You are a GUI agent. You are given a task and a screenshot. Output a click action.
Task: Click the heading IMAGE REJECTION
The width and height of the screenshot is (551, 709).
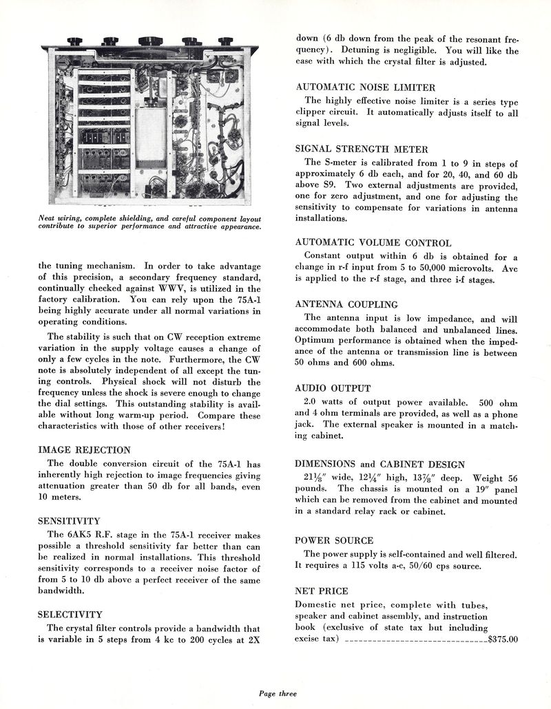click(x=84, y=450)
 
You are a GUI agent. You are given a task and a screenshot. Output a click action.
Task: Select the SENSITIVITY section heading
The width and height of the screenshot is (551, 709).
click(x=69, y=521)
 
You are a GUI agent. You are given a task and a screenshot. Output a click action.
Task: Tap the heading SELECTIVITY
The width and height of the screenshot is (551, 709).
click(x=70, y=614)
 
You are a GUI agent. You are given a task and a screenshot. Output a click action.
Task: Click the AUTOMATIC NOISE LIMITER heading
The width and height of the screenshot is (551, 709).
click(x=365, y=87)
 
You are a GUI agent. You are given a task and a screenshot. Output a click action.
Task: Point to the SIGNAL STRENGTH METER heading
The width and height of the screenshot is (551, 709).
click(x=362, y=149)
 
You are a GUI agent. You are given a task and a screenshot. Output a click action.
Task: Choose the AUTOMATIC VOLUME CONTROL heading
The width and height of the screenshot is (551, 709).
click(x=373, y=242)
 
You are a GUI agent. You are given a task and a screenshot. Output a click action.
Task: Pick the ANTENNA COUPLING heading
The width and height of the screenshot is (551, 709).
click(x=346, y=304)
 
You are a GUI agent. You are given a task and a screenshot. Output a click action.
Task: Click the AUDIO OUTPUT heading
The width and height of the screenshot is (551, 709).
click(x=333, y=388)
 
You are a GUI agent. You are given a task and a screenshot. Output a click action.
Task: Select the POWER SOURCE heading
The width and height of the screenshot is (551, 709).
click(x=334, y=540)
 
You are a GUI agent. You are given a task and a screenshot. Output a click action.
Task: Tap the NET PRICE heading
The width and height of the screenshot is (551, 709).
click(x=322, y=591)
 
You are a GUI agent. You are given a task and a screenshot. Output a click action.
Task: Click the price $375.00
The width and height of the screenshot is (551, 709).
click(x=502, y=639)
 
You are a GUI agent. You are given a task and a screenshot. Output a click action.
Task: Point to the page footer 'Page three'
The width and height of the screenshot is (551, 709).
click(x=278, y=694)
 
